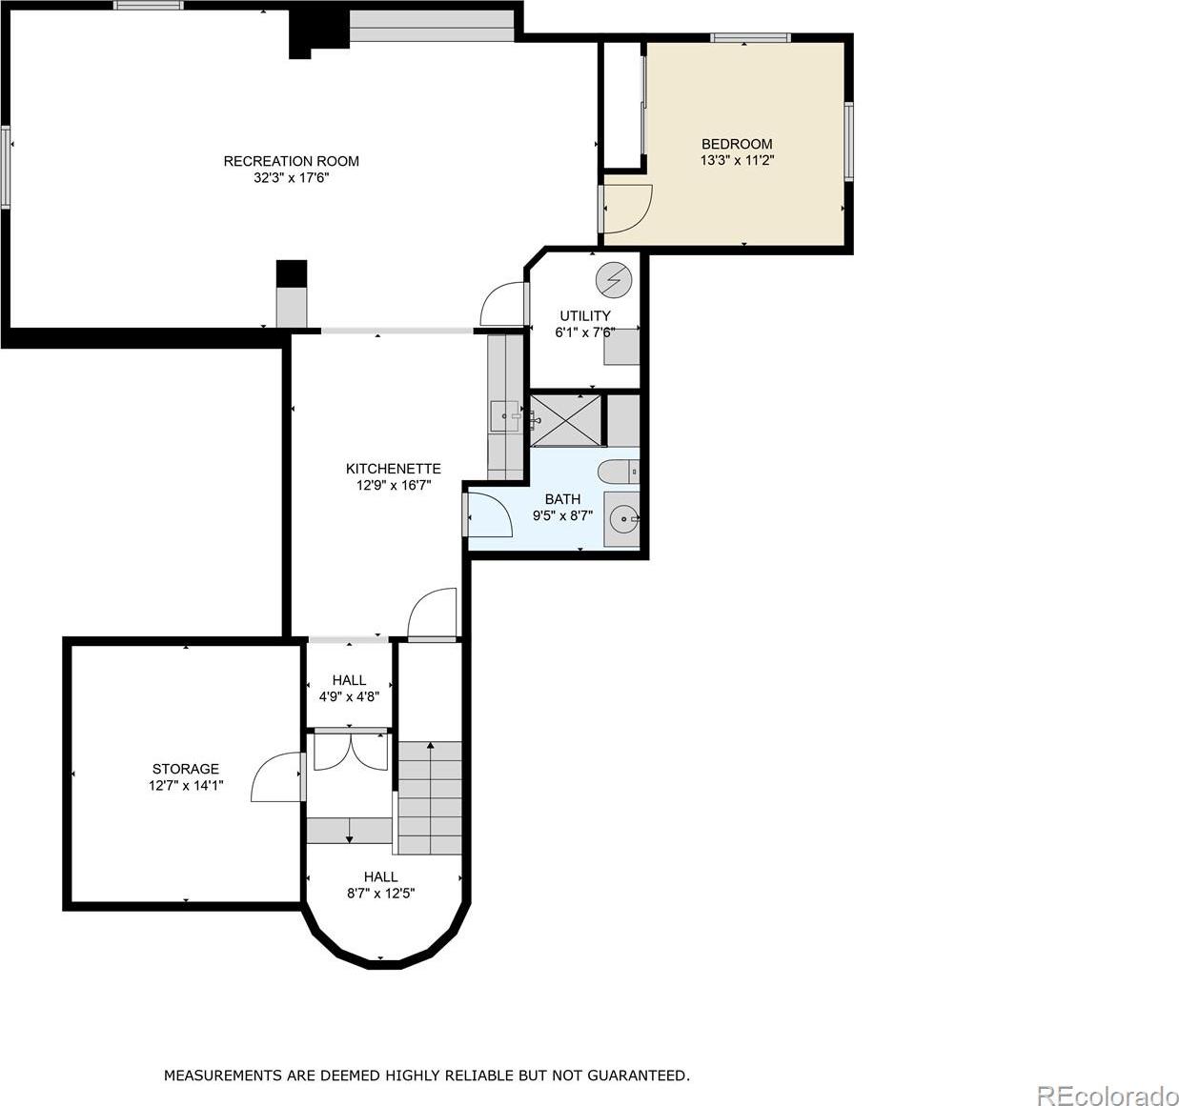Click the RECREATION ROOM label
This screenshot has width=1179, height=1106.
(291, 161)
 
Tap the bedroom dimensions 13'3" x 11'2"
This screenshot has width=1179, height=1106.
(737, 160)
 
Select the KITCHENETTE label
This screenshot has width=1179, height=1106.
(393, 468)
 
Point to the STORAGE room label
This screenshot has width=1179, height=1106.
(185, 769)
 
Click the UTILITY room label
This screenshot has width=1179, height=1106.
(585, 315)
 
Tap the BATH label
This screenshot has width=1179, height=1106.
(562, 499)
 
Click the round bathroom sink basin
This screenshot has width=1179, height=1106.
(624, 518)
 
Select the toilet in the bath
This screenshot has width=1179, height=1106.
(618, 473)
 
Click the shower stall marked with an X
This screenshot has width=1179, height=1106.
(565, 420)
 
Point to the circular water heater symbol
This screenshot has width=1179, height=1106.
(614, 279)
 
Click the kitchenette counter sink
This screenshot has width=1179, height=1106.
(505, 416)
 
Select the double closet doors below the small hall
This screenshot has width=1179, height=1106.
(351, 752)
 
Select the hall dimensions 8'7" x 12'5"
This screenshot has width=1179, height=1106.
(380, 894)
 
